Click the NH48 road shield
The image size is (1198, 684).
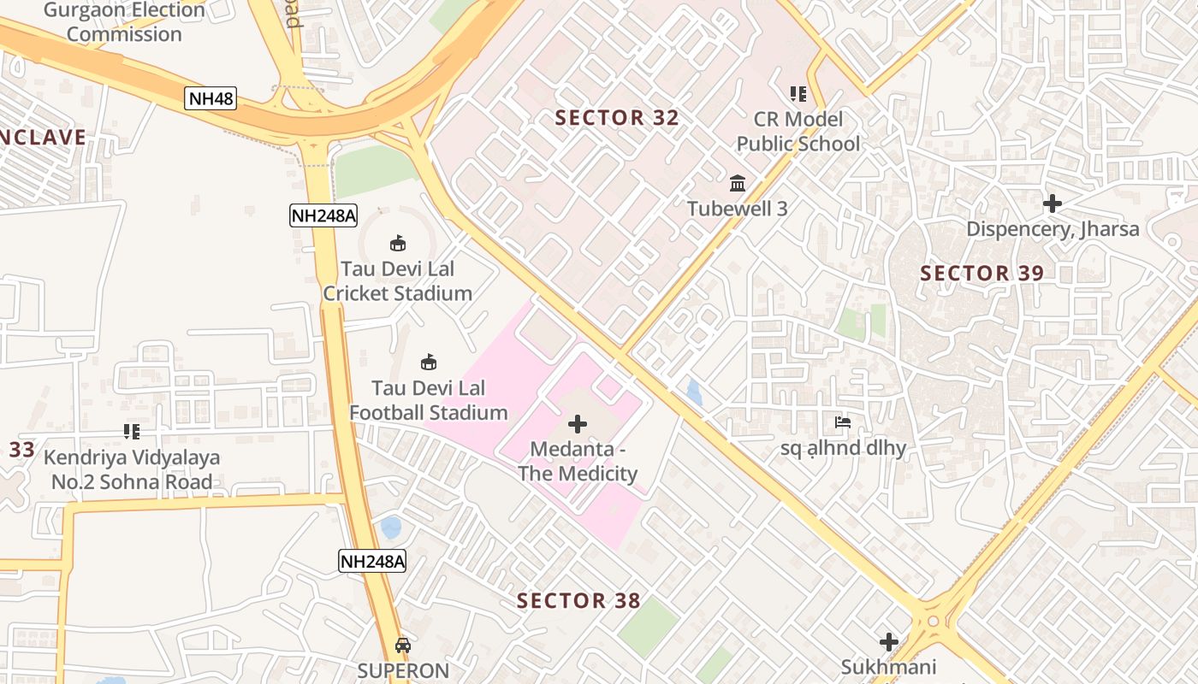click(x=211, y=98)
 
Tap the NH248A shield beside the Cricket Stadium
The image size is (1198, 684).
click(x=323, y=215)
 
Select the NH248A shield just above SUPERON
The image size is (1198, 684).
click(x=372, y=561)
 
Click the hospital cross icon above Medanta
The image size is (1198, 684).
click(x=578, y=424)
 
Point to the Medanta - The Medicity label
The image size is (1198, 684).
click(x=578, y=462)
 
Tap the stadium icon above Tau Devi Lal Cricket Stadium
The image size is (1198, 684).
click(x=398, y=244)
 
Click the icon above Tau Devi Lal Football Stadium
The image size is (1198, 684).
click(x=429, y=363)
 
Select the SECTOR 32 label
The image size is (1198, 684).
click(x=617, y=118)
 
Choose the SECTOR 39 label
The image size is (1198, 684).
click(x=982, y=274)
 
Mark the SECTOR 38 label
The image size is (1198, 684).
click(x=578, y=601)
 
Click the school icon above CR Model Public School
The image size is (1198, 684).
click(x=798, y=94)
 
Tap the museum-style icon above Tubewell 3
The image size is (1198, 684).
click(x=738, y=183)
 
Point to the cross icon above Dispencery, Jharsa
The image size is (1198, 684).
click(x=1053, y=203)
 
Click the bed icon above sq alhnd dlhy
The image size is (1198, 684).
click(x=843, y=422)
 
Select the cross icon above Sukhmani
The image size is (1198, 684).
click(x=889, y=642)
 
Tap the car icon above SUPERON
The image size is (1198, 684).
click(x=403, y=646)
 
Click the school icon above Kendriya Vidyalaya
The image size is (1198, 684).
click(x=132, y=432)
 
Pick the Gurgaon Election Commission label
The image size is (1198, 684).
click(x=124, y=23)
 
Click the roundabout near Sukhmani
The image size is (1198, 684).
click(x=933, y=622)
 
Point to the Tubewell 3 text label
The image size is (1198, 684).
click(x=738, y=209)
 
